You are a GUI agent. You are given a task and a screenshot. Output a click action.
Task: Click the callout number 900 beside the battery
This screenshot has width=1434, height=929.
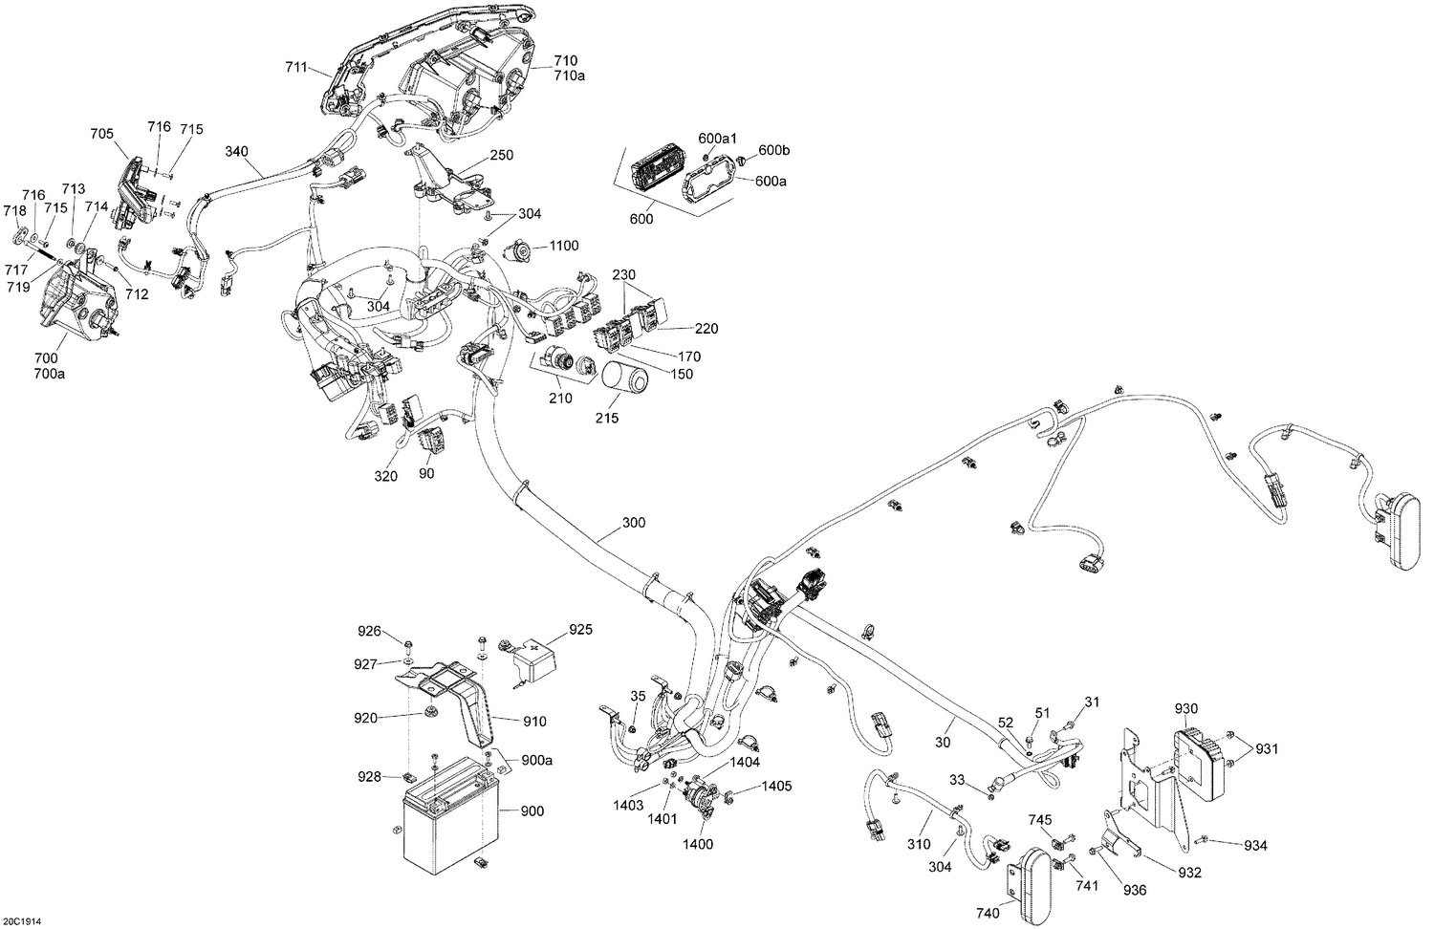pos(532,811)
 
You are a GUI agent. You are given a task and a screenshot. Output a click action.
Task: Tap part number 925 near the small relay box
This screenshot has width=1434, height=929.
pos(580,630)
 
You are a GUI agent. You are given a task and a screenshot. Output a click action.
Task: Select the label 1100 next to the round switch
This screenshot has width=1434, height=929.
pos(564,247)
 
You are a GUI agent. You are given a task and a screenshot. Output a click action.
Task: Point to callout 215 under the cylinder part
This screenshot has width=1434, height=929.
pos(607,418)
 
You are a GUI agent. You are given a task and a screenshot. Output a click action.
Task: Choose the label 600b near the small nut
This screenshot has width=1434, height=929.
pos(774,150)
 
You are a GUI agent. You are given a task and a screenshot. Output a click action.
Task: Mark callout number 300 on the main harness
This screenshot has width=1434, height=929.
pos(634,523)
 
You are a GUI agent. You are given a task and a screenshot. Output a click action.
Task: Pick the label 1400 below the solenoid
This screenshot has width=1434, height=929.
pos(698,845)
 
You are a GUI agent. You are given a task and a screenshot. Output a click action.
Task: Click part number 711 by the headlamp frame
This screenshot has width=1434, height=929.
pos(296,67)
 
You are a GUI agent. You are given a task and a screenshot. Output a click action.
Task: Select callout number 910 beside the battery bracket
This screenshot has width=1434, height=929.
pos(533,722)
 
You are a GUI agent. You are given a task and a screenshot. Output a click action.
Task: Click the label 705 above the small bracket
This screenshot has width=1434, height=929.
pos(102,135)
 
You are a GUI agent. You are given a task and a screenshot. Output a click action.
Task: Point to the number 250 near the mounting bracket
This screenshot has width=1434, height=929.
pos(502,155)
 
